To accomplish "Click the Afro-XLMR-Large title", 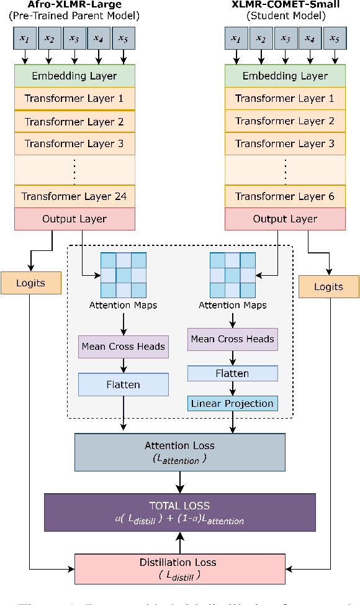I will click(74, 5).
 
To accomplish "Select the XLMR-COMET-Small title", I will click(285, 5).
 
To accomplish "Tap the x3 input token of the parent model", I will click(74, 39).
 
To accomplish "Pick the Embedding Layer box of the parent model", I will click(74, 76).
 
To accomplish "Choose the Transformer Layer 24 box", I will click(74, 196).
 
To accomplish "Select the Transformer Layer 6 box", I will click(285, 196).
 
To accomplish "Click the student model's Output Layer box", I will click(285, 219).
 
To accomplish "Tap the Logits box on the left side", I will click(31, 283).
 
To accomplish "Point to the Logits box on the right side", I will click(329, 286).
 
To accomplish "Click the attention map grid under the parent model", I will click(124, 275).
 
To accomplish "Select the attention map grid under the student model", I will click(232, 275).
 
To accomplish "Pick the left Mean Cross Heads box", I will click(124, 346).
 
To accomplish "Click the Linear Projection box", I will click(232, 403).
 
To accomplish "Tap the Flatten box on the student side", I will click(232, 373).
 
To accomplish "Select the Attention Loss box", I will click(179, 450).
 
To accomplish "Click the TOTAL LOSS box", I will click(179, 512).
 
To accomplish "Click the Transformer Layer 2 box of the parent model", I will click(74, 121).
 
